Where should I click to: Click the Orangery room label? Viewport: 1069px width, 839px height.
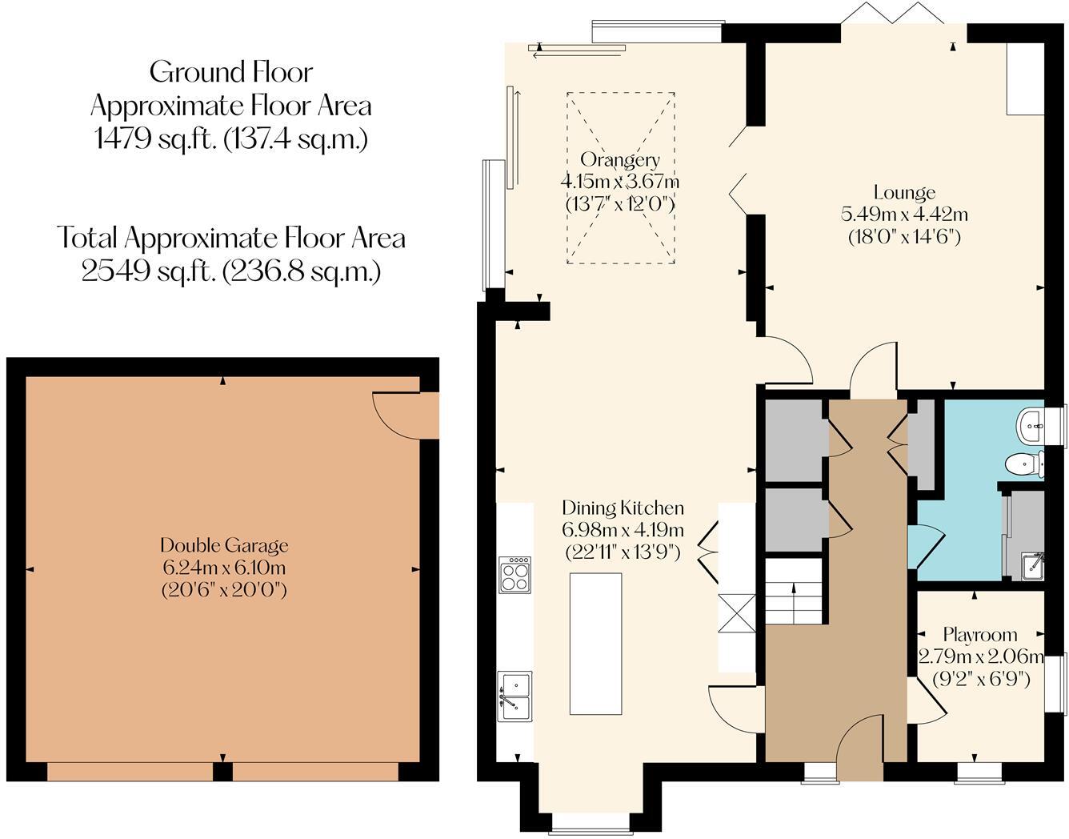click(x=620, y=159)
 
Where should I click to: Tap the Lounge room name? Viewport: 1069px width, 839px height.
click(x=904, y=193)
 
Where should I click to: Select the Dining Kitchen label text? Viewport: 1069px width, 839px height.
click(x=623, y=508)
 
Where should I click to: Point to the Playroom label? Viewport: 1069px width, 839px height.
click(x=979, y=635)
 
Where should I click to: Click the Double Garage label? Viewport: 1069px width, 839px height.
click(x=224, y=546)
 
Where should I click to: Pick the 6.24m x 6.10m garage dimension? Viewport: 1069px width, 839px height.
click(x=224, y=568)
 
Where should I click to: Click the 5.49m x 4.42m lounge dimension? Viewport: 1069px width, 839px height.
click(x=904, y=215)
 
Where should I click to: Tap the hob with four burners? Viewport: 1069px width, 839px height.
click(x=514, y=574)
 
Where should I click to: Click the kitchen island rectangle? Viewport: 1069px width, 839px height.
click(x=595, y=643)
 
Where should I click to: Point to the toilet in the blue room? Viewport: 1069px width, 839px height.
click(x=1023, y=464)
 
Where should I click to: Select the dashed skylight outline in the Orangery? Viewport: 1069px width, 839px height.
click(x=621, y=178)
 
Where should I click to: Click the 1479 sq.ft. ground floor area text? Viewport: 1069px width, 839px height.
click(x=231, y=139)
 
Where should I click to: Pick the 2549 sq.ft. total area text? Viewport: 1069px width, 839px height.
click(x=231, y=271)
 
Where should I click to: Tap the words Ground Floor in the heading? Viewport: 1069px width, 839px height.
click(x=231, y=72)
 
